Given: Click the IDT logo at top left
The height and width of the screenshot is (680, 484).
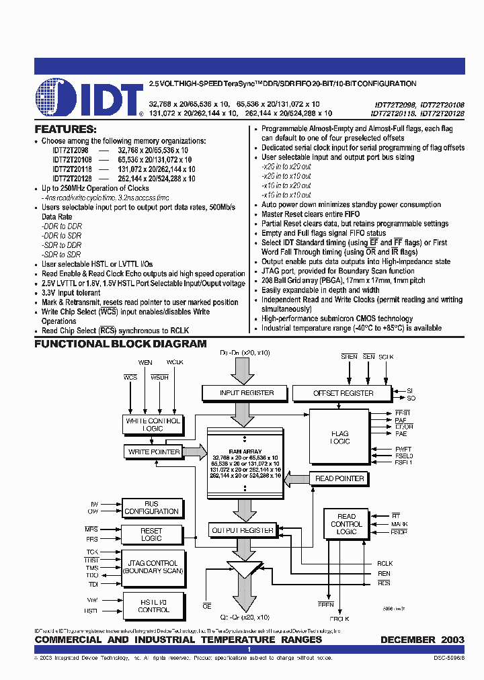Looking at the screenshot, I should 87,98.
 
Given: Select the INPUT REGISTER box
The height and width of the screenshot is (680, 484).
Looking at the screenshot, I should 247,392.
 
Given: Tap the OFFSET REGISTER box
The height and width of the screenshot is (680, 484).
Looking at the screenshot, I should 344,393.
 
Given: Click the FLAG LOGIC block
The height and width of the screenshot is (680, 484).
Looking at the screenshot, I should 339,437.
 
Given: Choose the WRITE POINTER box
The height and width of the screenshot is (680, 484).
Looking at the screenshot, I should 155,452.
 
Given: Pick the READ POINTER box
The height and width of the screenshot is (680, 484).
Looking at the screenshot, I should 339,479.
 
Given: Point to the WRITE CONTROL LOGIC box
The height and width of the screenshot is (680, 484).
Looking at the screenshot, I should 153,425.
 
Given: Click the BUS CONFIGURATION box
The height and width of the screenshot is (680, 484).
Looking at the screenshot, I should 151,507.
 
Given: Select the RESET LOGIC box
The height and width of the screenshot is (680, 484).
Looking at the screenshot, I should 151,534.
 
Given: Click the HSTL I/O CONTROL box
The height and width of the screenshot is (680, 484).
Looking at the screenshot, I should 153,606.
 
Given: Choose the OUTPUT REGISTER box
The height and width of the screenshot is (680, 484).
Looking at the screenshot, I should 243,531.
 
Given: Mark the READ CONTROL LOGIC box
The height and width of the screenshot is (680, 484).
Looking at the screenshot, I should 346,523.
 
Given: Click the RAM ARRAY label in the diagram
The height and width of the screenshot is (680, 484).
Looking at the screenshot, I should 246,452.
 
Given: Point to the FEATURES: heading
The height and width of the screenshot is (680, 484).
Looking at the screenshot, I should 65,129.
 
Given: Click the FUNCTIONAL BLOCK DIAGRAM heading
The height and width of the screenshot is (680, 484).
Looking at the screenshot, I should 121,344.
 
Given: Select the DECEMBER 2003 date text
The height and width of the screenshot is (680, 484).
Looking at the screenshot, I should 422,640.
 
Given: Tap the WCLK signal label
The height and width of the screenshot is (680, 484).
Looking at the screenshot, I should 175,363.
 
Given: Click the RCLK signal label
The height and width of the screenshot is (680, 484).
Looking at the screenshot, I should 385,564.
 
